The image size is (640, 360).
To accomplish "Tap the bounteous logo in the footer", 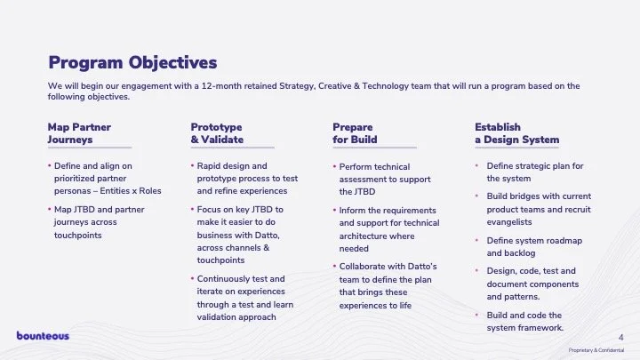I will coord(42,335).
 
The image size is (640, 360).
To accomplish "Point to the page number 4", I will coord(620,336).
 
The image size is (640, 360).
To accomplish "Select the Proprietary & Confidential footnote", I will coord(597,351).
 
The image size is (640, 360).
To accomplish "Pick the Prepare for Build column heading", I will coord(355,133).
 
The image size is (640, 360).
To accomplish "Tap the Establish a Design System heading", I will coord(516,133).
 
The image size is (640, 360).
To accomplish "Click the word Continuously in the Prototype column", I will coord(225,278).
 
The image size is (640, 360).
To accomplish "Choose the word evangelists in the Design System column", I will coord(512,222).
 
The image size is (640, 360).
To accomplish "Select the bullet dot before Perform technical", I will coord(334,167).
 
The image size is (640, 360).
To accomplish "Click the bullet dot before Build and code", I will coord(477,316).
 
